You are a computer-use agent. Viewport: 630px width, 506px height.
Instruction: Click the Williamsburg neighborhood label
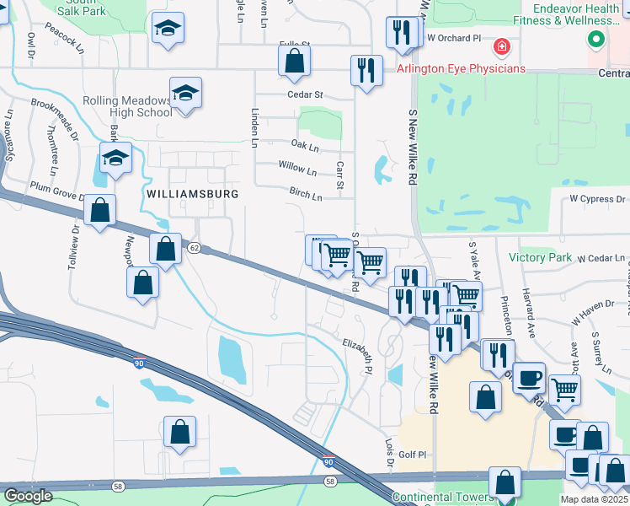[192, 193]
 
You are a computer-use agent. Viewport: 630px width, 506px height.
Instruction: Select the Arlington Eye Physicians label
[462, 68]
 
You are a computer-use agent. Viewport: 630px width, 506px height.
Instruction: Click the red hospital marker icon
[502, 46]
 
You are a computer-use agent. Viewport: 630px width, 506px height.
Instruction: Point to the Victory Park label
[540, 257]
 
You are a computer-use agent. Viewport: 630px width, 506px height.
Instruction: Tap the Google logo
[28, 496]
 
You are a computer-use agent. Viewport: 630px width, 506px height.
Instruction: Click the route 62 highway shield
[195, 248]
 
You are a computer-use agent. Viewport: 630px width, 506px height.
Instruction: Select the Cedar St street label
[305, 95]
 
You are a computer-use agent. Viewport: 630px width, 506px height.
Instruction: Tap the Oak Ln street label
[305, 147]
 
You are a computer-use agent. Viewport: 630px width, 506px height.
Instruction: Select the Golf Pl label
[412, 455]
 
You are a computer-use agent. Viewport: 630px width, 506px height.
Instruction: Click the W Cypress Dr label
[597, 199]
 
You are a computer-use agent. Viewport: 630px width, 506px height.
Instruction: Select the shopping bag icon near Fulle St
[294, 60]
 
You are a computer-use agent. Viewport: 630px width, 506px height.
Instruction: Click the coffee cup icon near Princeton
[529, 377]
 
